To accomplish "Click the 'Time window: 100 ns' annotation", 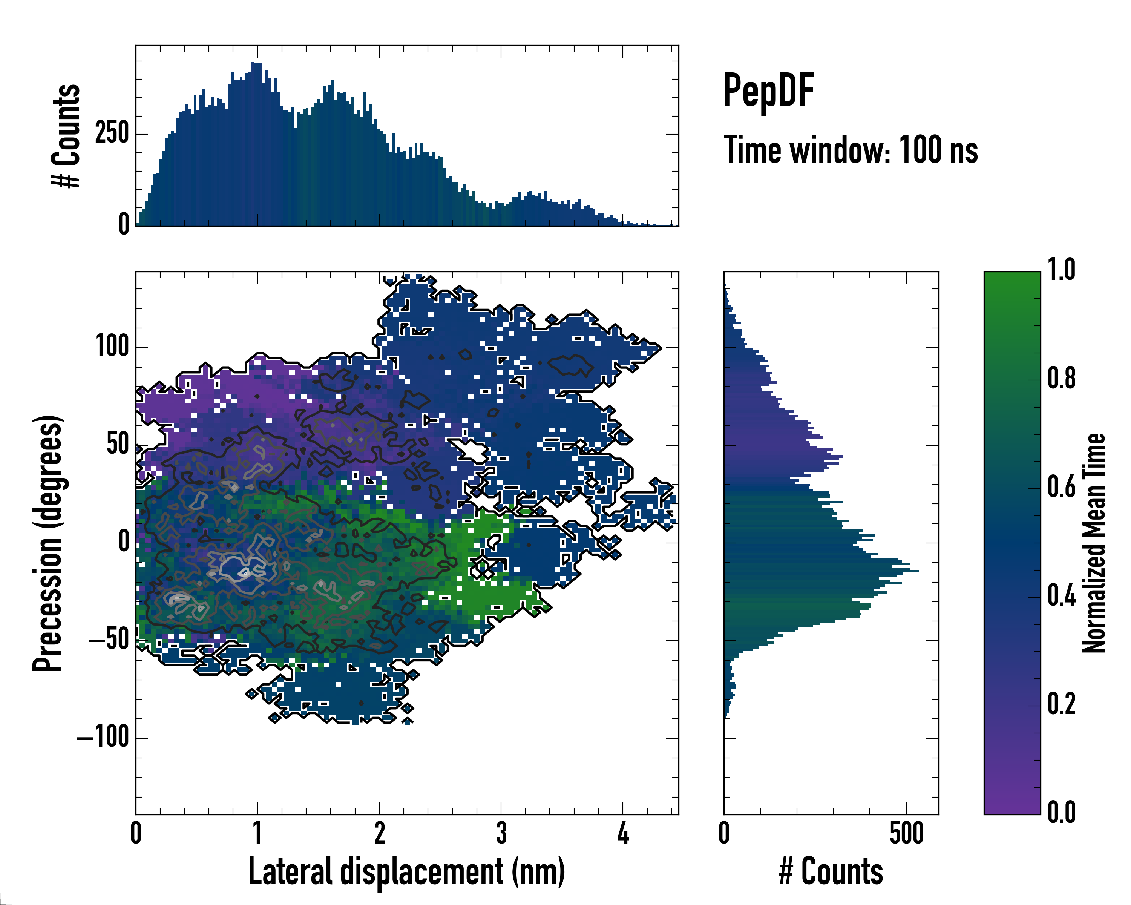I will pos(851,150).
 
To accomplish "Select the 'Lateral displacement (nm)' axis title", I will pos(406,871).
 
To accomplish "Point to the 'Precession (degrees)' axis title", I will pos(48,543).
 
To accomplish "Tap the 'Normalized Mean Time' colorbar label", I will pos(1093,543).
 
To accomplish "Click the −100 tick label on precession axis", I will pos(103,737).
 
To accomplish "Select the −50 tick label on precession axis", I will pos(109,640).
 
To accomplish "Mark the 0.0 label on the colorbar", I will pos(1061,812).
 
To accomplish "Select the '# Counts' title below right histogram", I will pos(831,871).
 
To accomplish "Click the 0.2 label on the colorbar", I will pos(1061,704).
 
